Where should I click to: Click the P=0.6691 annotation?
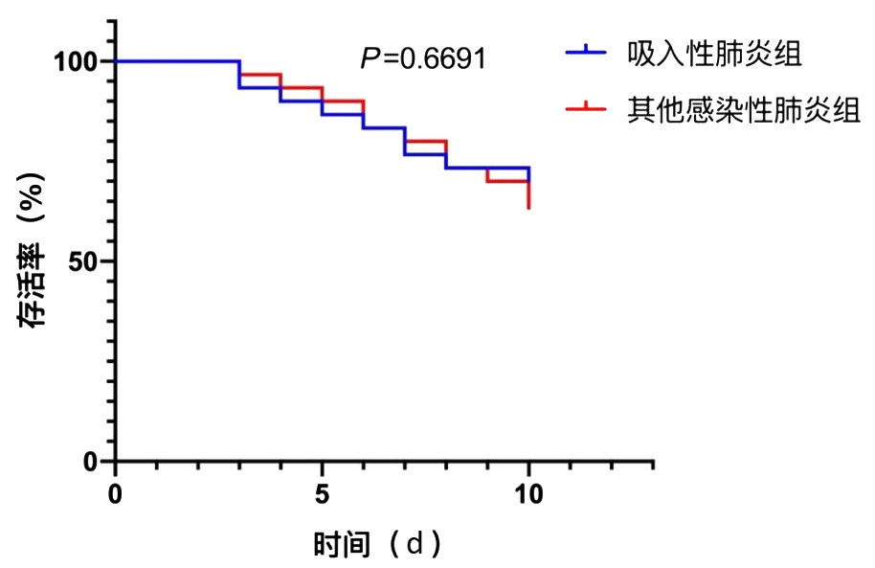tap(423, 59)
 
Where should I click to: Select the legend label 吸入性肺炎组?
tap(714, 54)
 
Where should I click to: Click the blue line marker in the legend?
tap(585, 54)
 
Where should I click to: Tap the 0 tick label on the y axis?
tap(92, 462)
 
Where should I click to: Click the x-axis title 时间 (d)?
tap(378, 545)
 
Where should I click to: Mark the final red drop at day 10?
tap(529, 194)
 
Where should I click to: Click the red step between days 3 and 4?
tap(260, 74)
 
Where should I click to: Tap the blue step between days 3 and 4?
tap(260, 87)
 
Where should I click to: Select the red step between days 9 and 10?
tap(508, 181)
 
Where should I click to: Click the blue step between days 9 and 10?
tap(508, 168)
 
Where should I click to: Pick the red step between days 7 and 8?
tap(426, 141)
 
